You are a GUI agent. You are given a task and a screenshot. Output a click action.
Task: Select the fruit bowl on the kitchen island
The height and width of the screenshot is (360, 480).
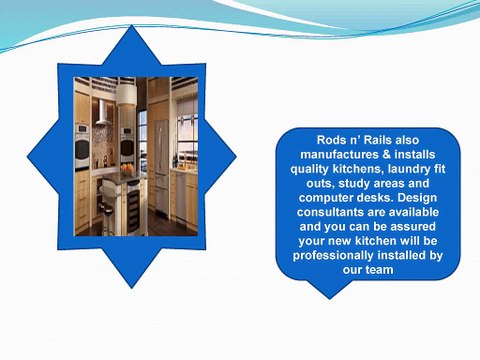[128, 167]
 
